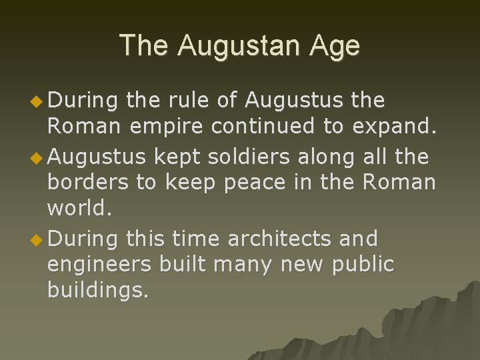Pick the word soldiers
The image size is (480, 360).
pos(247,157)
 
